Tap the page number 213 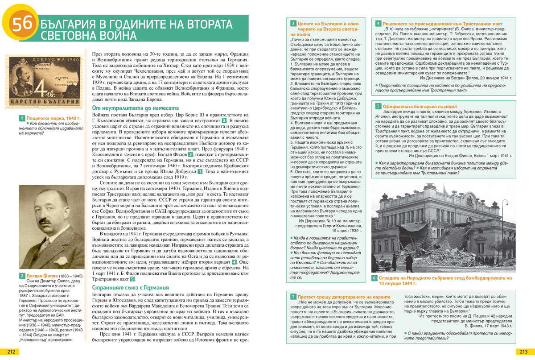(x=522, y=352)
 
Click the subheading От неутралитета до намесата (x=135, y=108)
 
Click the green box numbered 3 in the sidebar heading (x=293, y=23)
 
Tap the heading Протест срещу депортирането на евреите (x=344, y=297)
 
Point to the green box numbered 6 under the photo (x=374, y=278)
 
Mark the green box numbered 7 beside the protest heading (x=293, y=297)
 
